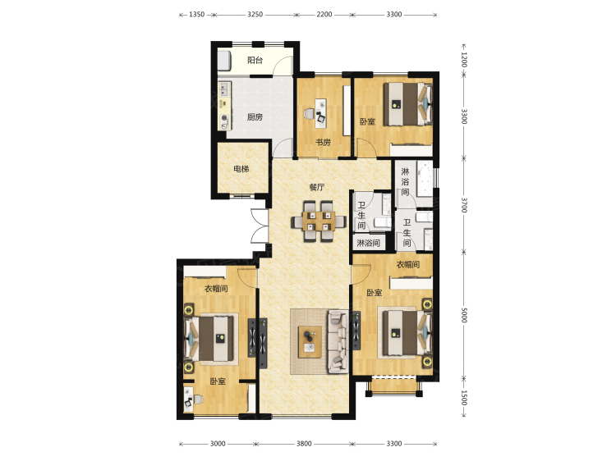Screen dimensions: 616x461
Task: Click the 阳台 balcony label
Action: point(255,60)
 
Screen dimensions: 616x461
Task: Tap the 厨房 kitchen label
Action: point(255,117)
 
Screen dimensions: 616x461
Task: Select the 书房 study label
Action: point(323,143)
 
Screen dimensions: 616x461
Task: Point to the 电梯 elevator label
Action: point(241,169)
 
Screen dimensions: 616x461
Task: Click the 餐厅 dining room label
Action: point(317,187)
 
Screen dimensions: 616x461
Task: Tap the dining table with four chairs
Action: point(319,221)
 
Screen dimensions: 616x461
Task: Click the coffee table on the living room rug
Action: point(310,342)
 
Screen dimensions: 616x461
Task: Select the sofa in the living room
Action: point(338,341)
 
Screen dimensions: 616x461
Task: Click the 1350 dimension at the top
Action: point(196,15)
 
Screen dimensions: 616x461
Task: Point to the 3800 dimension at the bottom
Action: point(304,444)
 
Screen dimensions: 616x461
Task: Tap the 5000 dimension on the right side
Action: point(463,315)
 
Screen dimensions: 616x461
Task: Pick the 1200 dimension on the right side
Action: point(463,60)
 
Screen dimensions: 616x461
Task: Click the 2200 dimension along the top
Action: point(324,15)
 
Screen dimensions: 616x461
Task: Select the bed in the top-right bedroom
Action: point(407,104)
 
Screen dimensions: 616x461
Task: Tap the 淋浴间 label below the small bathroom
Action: point(368,244)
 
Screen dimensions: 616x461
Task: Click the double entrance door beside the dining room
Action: point(260,226)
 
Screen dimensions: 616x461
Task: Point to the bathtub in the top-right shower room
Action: point(424,177)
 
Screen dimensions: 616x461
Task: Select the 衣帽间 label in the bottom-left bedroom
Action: point(216,289)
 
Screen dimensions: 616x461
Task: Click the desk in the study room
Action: point(322,113)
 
